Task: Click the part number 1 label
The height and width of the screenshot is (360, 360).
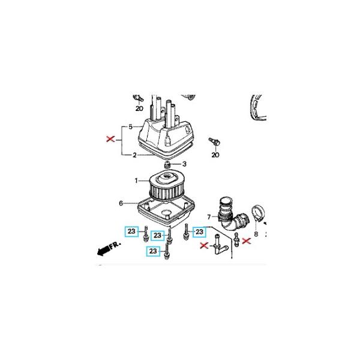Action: tap(136, 181)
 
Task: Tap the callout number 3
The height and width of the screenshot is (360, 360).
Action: tap(184, 164)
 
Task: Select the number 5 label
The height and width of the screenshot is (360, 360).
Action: tap(130, 127)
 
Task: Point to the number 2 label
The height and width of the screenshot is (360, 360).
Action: tap(134, 155)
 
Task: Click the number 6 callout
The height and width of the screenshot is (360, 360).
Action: tap(121, 203)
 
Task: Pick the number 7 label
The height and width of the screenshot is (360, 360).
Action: tap(209, 217)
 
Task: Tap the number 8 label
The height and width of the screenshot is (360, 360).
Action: tap(256, 234)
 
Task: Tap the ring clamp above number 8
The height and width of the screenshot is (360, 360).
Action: tap(258, 213)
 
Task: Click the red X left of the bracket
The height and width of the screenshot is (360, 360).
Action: tap(110, 139)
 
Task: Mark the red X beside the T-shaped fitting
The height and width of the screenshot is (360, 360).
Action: tap(204, 245)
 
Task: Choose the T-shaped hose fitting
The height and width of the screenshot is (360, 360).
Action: tap(219, 245)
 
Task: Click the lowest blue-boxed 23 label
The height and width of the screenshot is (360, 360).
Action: tap(153, 251)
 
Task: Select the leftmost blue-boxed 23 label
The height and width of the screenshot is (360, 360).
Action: tap(131, 231)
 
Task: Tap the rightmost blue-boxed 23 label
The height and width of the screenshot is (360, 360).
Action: tap(199, 232)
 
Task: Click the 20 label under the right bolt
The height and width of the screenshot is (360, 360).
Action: tap(215, 155)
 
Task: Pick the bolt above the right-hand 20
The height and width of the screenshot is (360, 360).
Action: tap(215, 141)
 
